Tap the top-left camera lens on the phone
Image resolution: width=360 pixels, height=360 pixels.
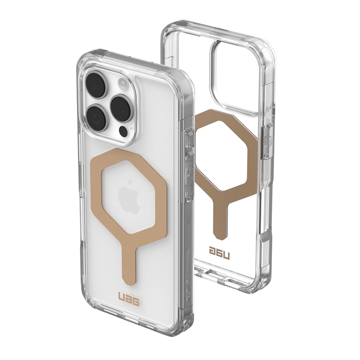96,86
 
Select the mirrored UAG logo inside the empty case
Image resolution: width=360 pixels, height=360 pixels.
220,253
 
